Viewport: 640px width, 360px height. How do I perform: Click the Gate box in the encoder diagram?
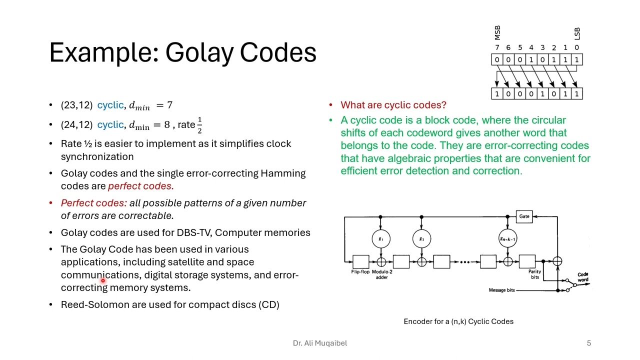pyautogui.click(x=524, y=216)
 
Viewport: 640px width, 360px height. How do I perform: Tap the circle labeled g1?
pyautogui.click(x=380, y=239)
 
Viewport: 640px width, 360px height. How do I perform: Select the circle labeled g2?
pyautogui.click(x=421, y=239)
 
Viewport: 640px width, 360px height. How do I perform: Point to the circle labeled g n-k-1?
pyautogui.click(x=507, y=239)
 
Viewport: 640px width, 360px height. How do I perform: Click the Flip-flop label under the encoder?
pyautogui.click(x=360, y=272)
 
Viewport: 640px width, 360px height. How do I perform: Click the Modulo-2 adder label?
pyautogui.click(x=382, y=274)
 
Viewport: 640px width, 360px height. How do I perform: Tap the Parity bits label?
pyautogui.click(x=534, y=274)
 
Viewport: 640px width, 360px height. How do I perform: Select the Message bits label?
pyautogui.click(x=501, y=290)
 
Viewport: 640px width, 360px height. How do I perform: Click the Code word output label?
pyautogui.click(x=583, y=277)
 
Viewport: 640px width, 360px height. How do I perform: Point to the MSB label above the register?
pyautogui.click(x=497, y=33)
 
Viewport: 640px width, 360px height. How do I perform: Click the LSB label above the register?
pyautogui.click(x=577, y=33)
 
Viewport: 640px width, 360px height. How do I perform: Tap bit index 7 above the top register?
pyautogui.click(x=497, y=48)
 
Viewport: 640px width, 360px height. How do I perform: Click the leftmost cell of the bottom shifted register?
pyautogui.click(x=497, y=93)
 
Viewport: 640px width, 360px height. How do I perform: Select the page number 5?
pyautogui.click(x=589, y=343)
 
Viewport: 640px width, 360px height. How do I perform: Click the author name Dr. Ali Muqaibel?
pyautogui.click(x=319, y=343)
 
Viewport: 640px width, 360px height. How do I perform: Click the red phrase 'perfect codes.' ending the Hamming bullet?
pyautogui.click(x=140, y=186)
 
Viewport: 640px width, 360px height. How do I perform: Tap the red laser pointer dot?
pyautogui.click(x=103, y=281)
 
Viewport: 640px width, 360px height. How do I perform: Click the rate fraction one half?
pyautogui.click(x=199, y=125)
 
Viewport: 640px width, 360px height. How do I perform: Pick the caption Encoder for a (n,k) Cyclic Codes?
pyautogui.click(x=458, y=321)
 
